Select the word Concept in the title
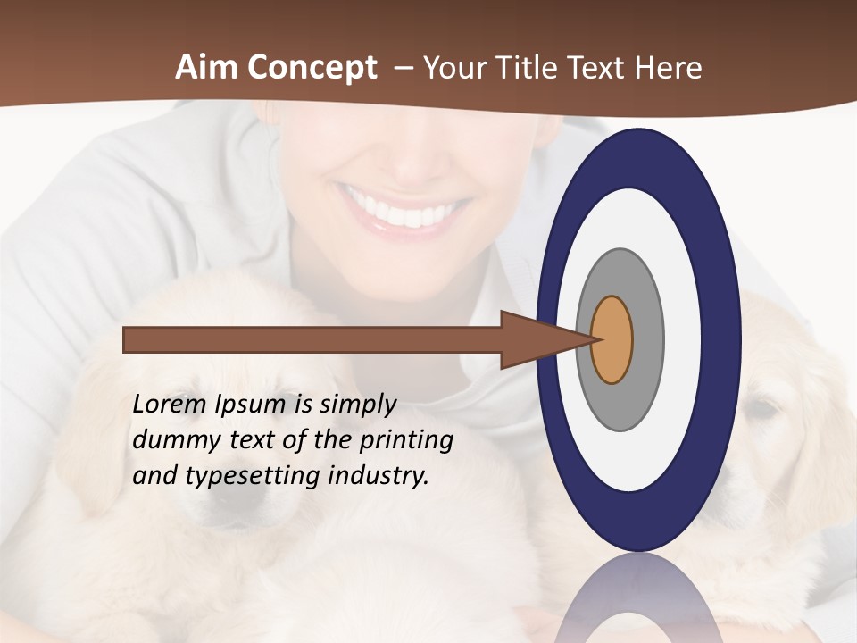[312, 68]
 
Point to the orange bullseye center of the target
[612, 339]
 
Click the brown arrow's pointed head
[536, 339]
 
